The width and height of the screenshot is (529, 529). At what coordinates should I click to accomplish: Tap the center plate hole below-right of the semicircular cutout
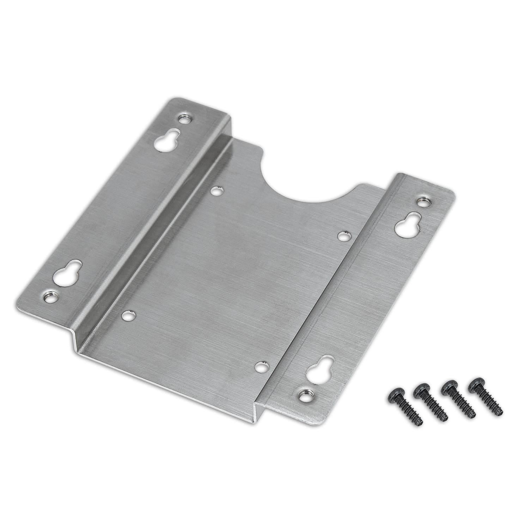pos(342,235)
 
